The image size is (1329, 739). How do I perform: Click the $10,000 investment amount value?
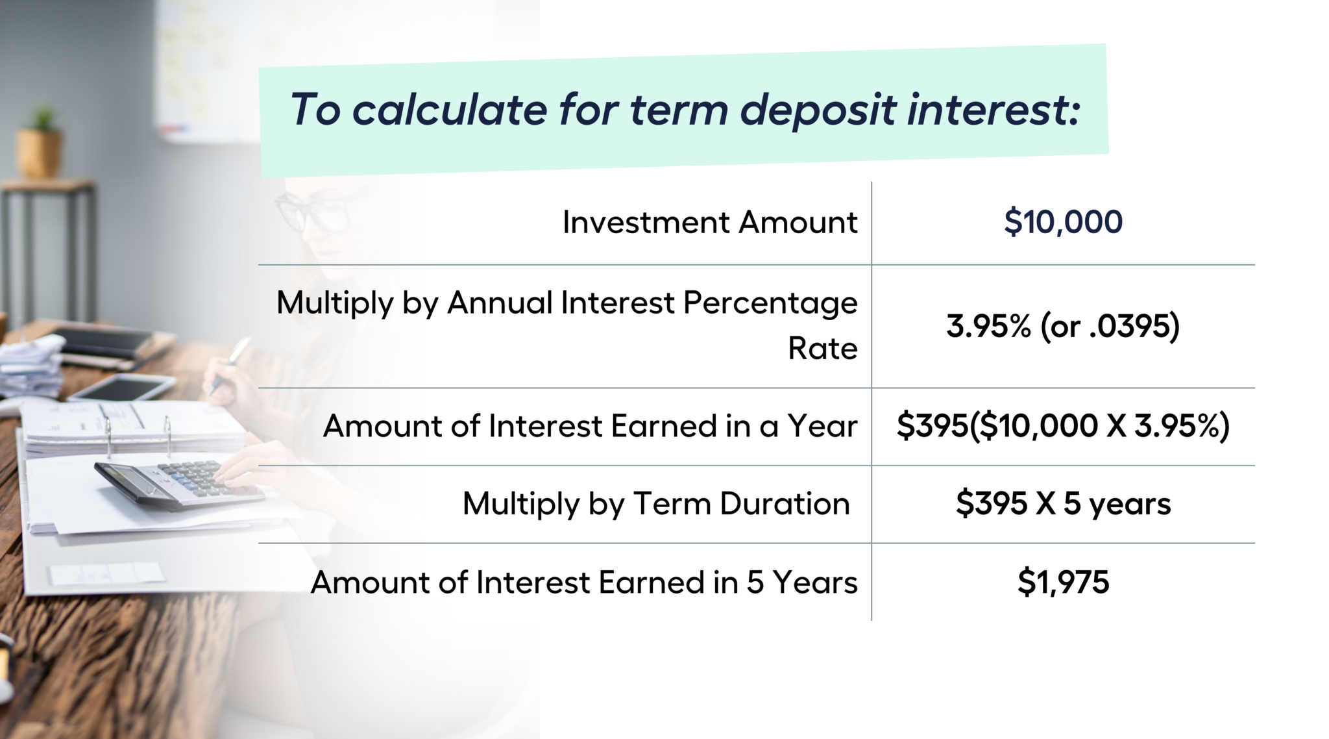(1063, 222)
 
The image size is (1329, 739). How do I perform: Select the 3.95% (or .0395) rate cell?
(1063, 326)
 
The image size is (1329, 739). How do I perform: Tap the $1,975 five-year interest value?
(1063, 582)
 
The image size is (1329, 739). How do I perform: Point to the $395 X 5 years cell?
(1063, 504)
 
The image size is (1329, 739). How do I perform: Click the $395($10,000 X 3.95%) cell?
(1063, 427)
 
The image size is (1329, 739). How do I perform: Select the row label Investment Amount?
(710, 222)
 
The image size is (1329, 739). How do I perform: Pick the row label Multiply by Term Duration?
(656, 504)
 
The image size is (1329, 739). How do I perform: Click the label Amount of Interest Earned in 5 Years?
(584, 582)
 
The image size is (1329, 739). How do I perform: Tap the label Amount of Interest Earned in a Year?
(591, 427)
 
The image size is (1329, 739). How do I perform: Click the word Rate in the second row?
(823, 349)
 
